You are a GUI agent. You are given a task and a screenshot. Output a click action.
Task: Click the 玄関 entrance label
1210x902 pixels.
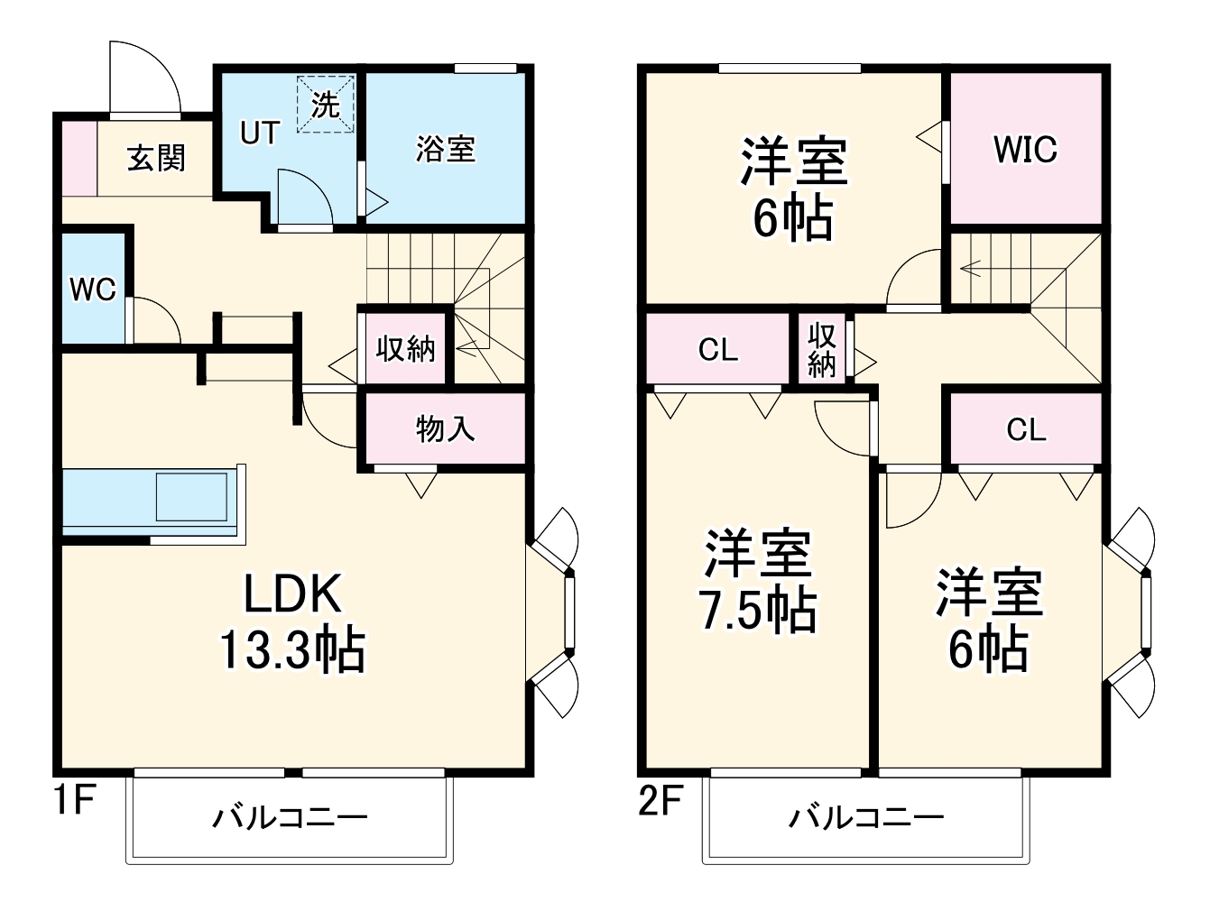click(156, 158)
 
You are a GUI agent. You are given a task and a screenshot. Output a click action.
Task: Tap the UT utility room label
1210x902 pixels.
click(259, 133)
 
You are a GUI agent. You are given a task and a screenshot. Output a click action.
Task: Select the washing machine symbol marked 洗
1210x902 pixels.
click(325, 105)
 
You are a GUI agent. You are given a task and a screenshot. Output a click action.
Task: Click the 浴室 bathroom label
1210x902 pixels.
click(446, 149)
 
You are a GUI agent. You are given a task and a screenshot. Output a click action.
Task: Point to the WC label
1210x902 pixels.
click(93, 290)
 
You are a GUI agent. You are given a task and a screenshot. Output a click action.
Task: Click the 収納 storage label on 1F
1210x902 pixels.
click(405, 348)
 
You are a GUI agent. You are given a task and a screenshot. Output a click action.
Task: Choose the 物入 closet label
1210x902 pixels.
click(445, 428)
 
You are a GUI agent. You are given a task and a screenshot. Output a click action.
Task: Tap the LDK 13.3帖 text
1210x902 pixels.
click(293, 622)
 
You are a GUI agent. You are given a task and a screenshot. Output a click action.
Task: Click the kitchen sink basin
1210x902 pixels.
click(191, 497)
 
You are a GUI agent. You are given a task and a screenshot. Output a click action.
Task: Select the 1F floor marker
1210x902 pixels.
click(75, 799)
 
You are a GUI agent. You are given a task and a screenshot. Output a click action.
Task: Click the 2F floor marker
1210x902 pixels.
click(661, 799)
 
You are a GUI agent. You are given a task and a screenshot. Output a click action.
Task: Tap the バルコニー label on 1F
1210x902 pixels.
click(290, 818)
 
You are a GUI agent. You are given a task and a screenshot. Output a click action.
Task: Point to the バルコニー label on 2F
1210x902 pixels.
click(866, 818)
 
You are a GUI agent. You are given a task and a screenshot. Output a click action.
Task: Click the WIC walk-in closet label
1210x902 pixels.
click(1025, 149)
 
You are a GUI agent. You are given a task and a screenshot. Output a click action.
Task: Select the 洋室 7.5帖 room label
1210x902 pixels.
click(758, 582)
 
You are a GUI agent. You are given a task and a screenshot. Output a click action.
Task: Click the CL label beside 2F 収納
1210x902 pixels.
click(718, 350)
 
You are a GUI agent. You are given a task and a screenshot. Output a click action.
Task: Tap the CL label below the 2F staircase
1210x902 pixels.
click(1026, 429)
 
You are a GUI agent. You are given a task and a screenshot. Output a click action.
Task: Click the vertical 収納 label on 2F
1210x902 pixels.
click(822, 350)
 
